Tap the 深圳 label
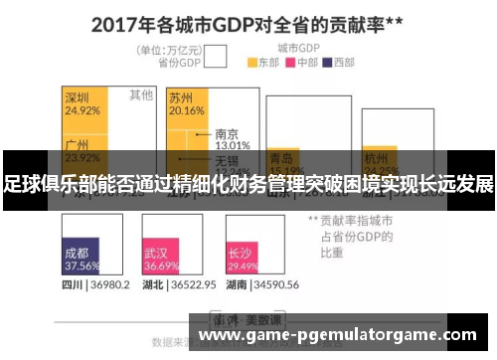79,98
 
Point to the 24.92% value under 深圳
83,111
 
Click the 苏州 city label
181,98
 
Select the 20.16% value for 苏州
186,111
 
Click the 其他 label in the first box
140,95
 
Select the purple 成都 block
82,259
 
